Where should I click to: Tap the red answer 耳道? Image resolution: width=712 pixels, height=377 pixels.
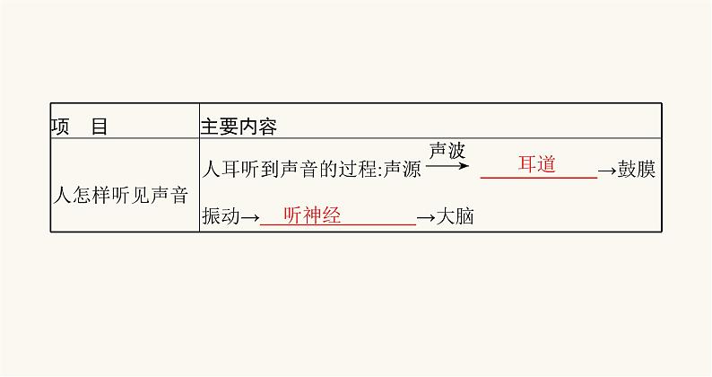click(537, 164)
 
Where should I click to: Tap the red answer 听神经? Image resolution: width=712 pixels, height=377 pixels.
click(311, 215)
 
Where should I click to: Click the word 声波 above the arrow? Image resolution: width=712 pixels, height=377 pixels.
click(447, 151)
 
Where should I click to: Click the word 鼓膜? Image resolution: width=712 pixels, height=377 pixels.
click(637, 171)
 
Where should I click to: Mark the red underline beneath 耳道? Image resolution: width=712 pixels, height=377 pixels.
click(538, 178)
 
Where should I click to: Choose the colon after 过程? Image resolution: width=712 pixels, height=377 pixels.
click(378, 171)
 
